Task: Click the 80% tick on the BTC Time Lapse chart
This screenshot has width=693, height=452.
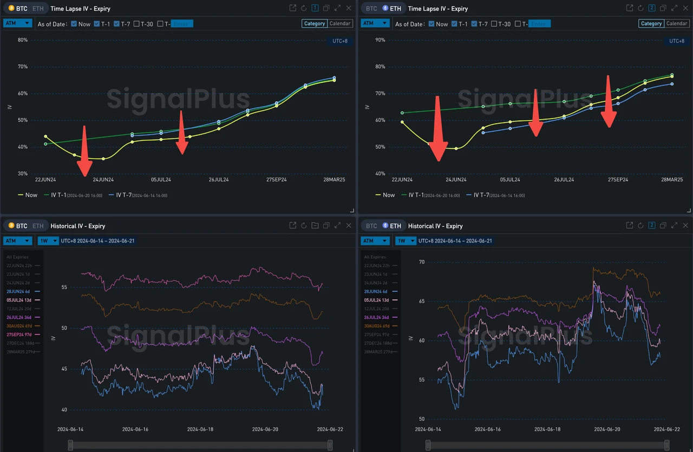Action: coord(22,40)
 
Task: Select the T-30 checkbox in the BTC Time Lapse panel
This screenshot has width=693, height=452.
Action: coord(136,24)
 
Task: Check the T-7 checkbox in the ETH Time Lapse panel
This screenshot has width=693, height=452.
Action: coord(475,24)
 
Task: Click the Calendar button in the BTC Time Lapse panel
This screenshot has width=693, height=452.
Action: coord(340,23)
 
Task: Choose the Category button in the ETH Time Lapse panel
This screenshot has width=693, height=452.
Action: coord(651,23)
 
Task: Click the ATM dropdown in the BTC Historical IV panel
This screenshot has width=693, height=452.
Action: coord(17,241)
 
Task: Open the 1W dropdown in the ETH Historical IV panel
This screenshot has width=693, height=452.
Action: coord(405,241)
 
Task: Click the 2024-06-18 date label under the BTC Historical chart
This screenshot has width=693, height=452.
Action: coord(200,429)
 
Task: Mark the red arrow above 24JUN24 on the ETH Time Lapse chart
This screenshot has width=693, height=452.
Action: coord(438,130)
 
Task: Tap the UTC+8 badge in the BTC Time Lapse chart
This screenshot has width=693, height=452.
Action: coord(339,41)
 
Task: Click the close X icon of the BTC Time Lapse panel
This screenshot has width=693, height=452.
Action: coord(349,8)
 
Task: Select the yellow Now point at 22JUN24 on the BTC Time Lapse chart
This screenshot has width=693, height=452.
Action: coord(45,136)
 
